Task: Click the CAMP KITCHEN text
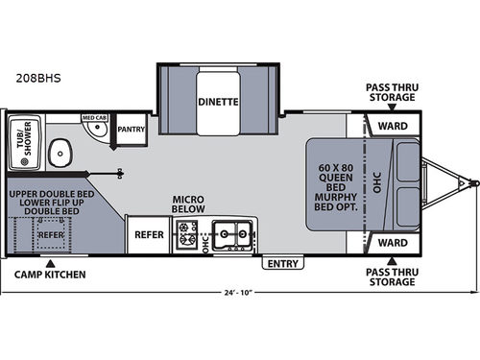[x=49, y=275]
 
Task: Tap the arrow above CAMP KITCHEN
[x=50, y=260]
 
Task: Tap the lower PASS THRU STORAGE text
[x=390, y=279]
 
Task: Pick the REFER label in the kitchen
[x=148, y=233]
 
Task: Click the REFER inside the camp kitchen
[x=50, y=232]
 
